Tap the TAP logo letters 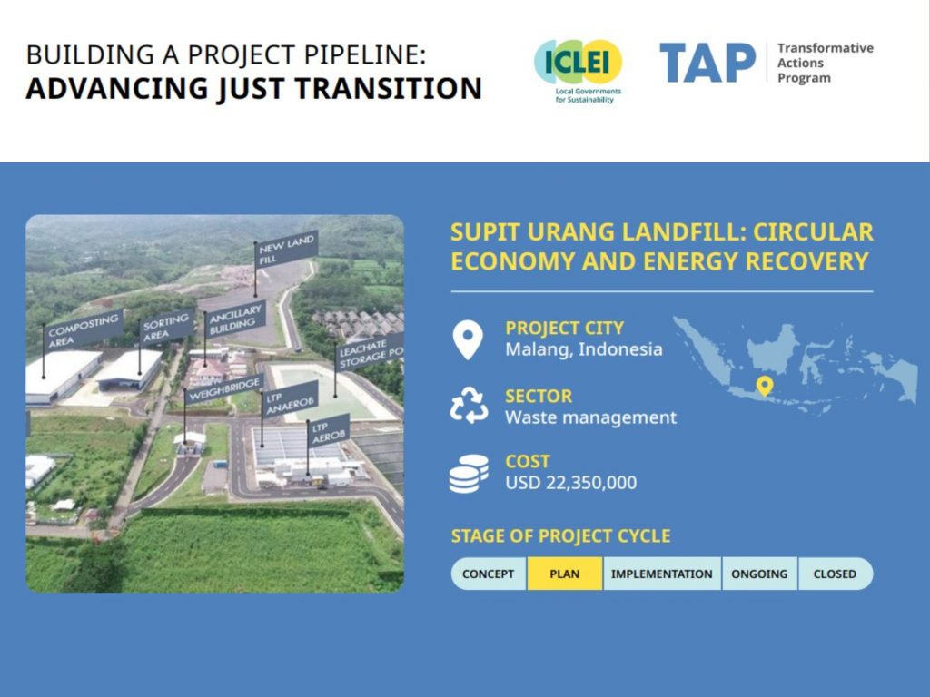(x=707, y=63)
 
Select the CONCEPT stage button (x=488, y=574)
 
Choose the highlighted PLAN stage (x=564, y=574)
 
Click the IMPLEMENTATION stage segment (x=661, y=574)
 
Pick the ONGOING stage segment (x=759, y=574)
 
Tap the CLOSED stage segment (x=835, y=574)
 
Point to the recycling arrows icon (x=469, y=406)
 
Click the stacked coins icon (x=469, y=473)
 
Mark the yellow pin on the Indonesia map (x=764, y=386)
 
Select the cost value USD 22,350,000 (x=570, y=483)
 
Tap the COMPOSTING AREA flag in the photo (x=83, y=329)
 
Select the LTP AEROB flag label (x=327, y=431)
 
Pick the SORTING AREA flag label (x=166, y=327)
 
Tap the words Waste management (x=590, y=417)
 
